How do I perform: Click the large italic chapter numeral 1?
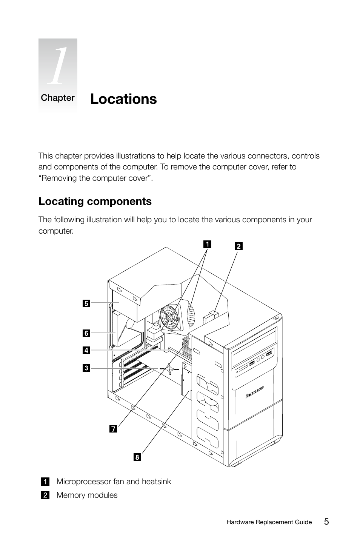pyautogui.click(x=58, y=66)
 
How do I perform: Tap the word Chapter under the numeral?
pyautogui.click(x=58, y=98)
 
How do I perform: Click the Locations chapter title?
pyautogui.click(x=123, y=99)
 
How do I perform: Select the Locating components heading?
pyautogui.click(x=95, y=202)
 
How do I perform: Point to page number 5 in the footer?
pyautogui.click(x=326, y=522)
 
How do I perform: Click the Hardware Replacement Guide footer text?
pyautogui.click(x=269, y=522)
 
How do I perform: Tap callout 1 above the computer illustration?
pyautogui.click(x=207, y=244)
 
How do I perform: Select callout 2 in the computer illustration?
pyautogui.click(x=238, y=246)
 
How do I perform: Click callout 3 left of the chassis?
pyautogui.click(x=86, y=368)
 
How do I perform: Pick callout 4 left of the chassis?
pyautogui.click(x=86, y=350)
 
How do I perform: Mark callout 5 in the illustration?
pyautogui.click(x=86, y=303)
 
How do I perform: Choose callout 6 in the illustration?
pyautogui.click(x=86, y=333)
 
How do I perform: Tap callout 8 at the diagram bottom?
pyautogui.click(x=137, y=457)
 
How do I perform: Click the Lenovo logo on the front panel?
pyautogui.click(x=254, y=393)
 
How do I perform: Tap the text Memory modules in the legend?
pyautogui.click(x=87, y=495)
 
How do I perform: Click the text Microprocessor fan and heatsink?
pyautogui.click(x=114, y=482)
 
